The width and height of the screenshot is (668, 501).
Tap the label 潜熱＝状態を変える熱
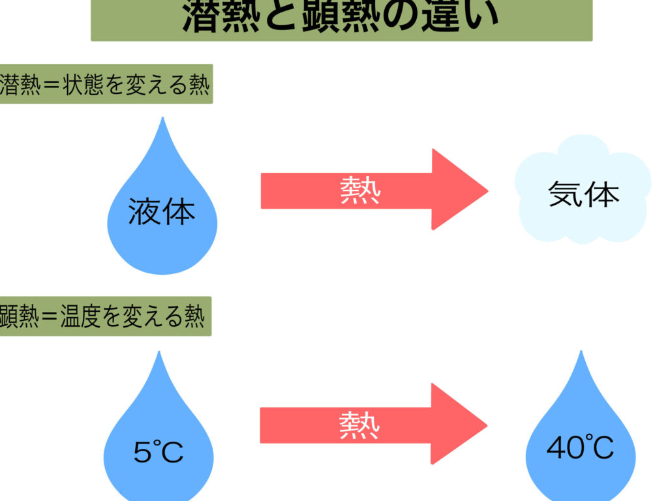[106, 84]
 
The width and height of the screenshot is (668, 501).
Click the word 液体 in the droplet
[162, 213]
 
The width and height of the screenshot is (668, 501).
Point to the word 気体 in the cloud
[583, 194]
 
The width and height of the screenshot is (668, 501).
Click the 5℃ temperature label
[158, 452]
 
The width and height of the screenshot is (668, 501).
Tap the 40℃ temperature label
[580, 448]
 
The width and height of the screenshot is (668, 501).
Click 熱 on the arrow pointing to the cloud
[360, 190]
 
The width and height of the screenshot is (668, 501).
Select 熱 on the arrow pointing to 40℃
[359, 425]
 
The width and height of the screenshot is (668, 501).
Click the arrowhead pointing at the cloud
[459, 190]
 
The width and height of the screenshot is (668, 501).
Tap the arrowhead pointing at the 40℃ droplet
[459, 424]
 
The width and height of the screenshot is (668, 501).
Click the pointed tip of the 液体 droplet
[162, 119]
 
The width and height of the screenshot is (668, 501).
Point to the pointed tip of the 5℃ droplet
[159, 353]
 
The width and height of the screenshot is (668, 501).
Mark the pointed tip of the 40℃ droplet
[580, 352]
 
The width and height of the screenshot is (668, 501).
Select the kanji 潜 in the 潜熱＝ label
[11, 85]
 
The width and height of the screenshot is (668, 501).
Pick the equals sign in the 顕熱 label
[50, 318]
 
